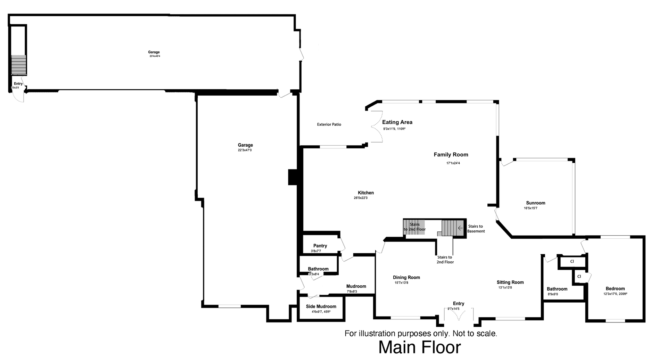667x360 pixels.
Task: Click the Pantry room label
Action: pos(320,246)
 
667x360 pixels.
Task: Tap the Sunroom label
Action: pos(535,203)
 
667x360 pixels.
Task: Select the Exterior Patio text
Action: pos(329,124)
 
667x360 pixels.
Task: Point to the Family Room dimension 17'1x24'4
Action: pos(453,163)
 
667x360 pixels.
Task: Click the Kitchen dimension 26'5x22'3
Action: pos(361,198)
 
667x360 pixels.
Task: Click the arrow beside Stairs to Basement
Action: pos(460,228)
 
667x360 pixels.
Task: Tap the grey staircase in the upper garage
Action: pos(18,65)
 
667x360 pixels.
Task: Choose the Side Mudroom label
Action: pos(321,306)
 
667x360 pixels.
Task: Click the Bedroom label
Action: pos(615,288)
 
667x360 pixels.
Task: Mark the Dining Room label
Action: pos(406,277)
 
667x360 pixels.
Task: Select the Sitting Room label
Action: pos(510,282)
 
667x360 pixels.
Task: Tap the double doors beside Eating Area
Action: pos(377,127)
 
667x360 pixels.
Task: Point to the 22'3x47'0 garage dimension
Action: pos(245,150)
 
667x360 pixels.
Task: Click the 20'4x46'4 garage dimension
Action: pos(155,56)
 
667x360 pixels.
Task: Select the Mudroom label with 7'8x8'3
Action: pos(356,286)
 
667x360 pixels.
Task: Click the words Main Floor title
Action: pos(419,347)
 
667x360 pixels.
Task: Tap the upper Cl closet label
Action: pos(572,261)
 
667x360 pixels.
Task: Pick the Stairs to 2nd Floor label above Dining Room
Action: pos(445,260)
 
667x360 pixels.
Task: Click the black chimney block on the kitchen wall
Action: pos(293,177)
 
